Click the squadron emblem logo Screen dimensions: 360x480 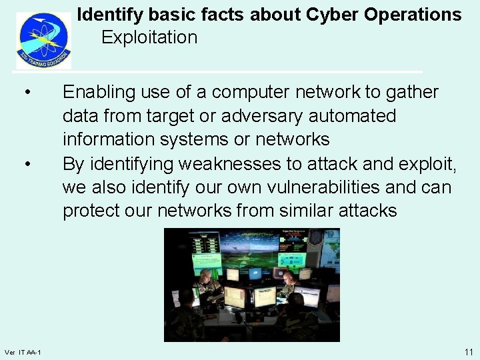[43, 40]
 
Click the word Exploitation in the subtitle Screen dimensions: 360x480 [149, 37]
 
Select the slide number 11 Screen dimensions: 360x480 [469, 351]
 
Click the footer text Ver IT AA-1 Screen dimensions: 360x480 [23, 352]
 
